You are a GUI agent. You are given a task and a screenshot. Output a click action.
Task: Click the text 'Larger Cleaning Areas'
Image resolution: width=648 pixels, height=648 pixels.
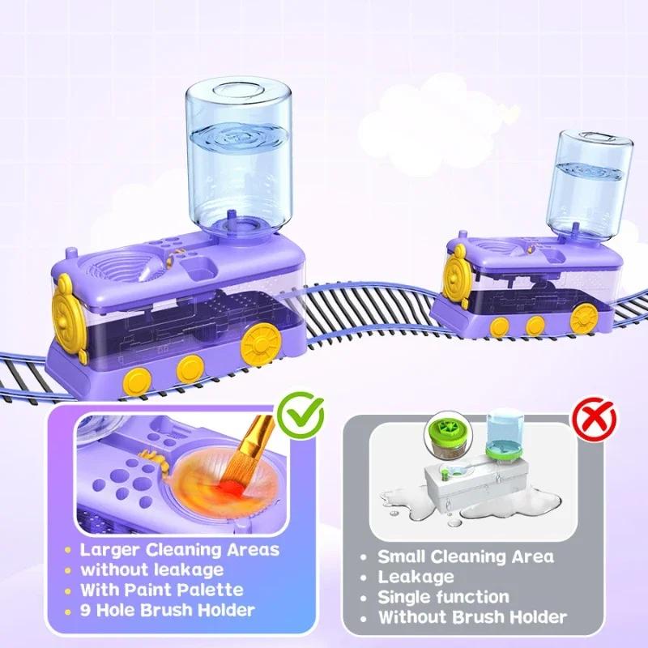coord(180,549)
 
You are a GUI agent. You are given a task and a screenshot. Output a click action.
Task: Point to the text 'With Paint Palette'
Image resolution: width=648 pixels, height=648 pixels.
coord(162,590)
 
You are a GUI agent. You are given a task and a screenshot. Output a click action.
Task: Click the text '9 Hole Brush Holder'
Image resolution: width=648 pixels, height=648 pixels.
coord(168,610)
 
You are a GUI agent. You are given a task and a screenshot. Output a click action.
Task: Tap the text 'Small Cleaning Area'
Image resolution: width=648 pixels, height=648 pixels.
coord(466,556)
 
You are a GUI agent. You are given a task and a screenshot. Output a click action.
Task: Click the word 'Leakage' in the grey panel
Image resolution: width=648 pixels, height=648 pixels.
coord(416,577)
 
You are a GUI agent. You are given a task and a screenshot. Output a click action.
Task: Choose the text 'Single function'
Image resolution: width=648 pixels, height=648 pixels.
coord(444,597)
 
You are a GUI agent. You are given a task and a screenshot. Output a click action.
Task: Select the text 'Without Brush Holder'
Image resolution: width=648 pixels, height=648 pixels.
coord(473,617)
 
